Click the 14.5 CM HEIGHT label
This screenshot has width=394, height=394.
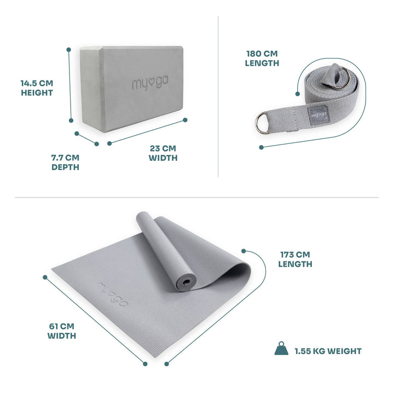37,88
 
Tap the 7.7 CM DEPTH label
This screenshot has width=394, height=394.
65,162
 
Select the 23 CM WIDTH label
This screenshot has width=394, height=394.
163,153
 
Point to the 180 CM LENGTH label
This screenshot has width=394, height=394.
262,58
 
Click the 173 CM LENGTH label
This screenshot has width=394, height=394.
295,259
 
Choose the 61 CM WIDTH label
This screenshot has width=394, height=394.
61,331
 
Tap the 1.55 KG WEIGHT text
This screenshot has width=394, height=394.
328,351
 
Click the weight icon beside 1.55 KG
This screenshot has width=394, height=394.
281,349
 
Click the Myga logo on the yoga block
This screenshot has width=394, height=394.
146,85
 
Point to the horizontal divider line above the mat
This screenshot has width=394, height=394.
197,197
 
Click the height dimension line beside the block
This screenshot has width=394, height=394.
70,85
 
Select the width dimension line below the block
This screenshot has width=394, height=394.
148,131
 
